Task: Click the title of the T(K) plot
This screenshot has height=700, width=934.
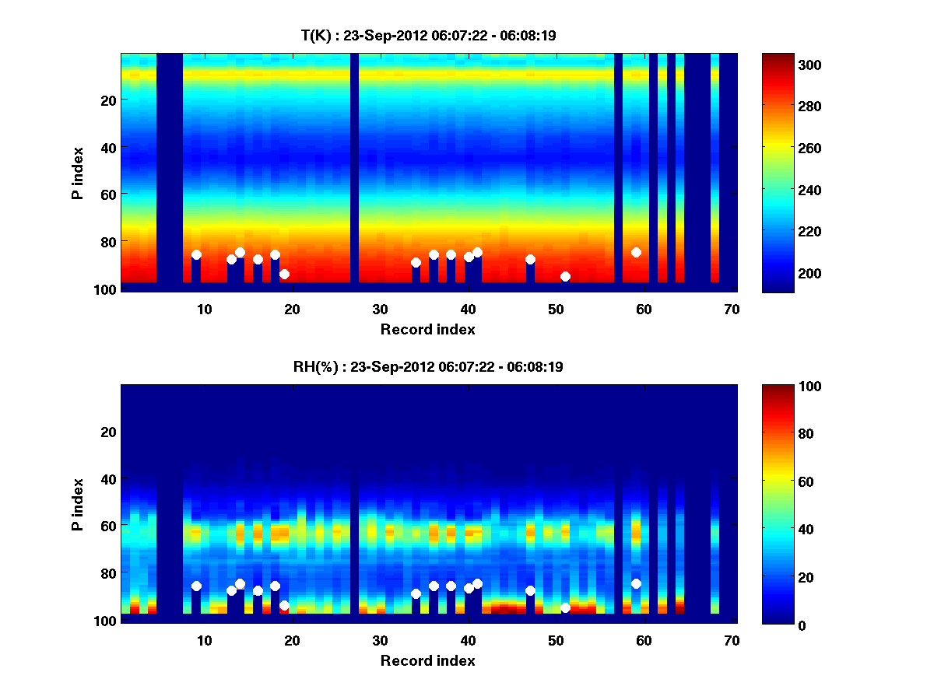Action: point(428,36)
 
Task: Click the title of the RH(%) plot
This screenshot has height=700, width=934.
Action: point(428,367)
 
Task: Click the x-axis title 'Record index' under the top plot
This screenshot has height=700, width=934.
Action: point(428,329)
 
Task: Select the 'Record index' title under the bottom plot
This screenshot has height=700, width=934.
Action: point(428,660)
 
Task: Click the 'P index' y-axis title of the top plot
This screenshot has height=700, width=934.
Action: point(78,173)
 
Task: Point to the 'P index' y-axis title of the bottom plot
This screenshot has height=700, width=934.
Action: point(78,504)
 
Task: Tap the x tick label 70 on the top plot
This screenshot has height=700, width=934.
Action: point(732,309)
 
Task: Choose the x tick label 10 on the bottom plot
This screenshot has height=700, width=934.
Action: point(204,640)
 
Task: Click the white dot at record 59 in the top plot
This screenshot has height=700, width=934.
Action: point(636,252)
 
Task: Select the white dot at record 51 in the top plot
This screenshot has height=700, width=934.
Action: point(565,277)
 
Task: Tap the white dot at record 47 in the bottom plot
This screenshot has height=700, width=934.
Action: point(530,590)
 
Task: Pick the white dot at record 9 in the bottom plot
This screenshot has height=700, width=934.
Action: point(196,586)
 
